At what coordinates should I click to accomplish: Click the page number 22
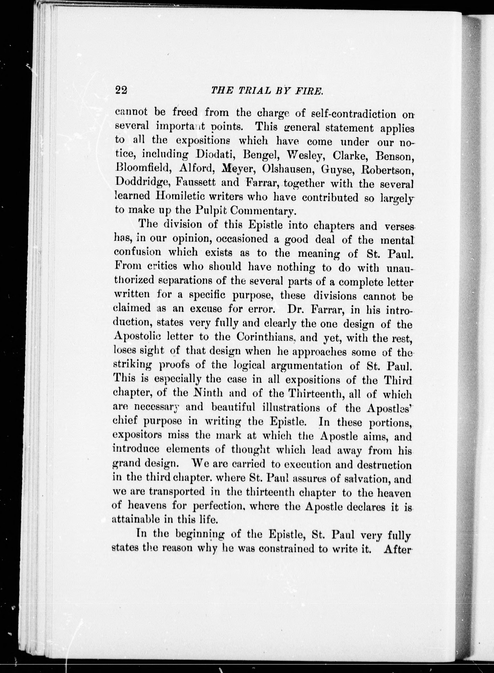tap(121, 90)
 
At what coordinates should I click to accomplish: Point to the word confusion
tap(138, 252)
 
